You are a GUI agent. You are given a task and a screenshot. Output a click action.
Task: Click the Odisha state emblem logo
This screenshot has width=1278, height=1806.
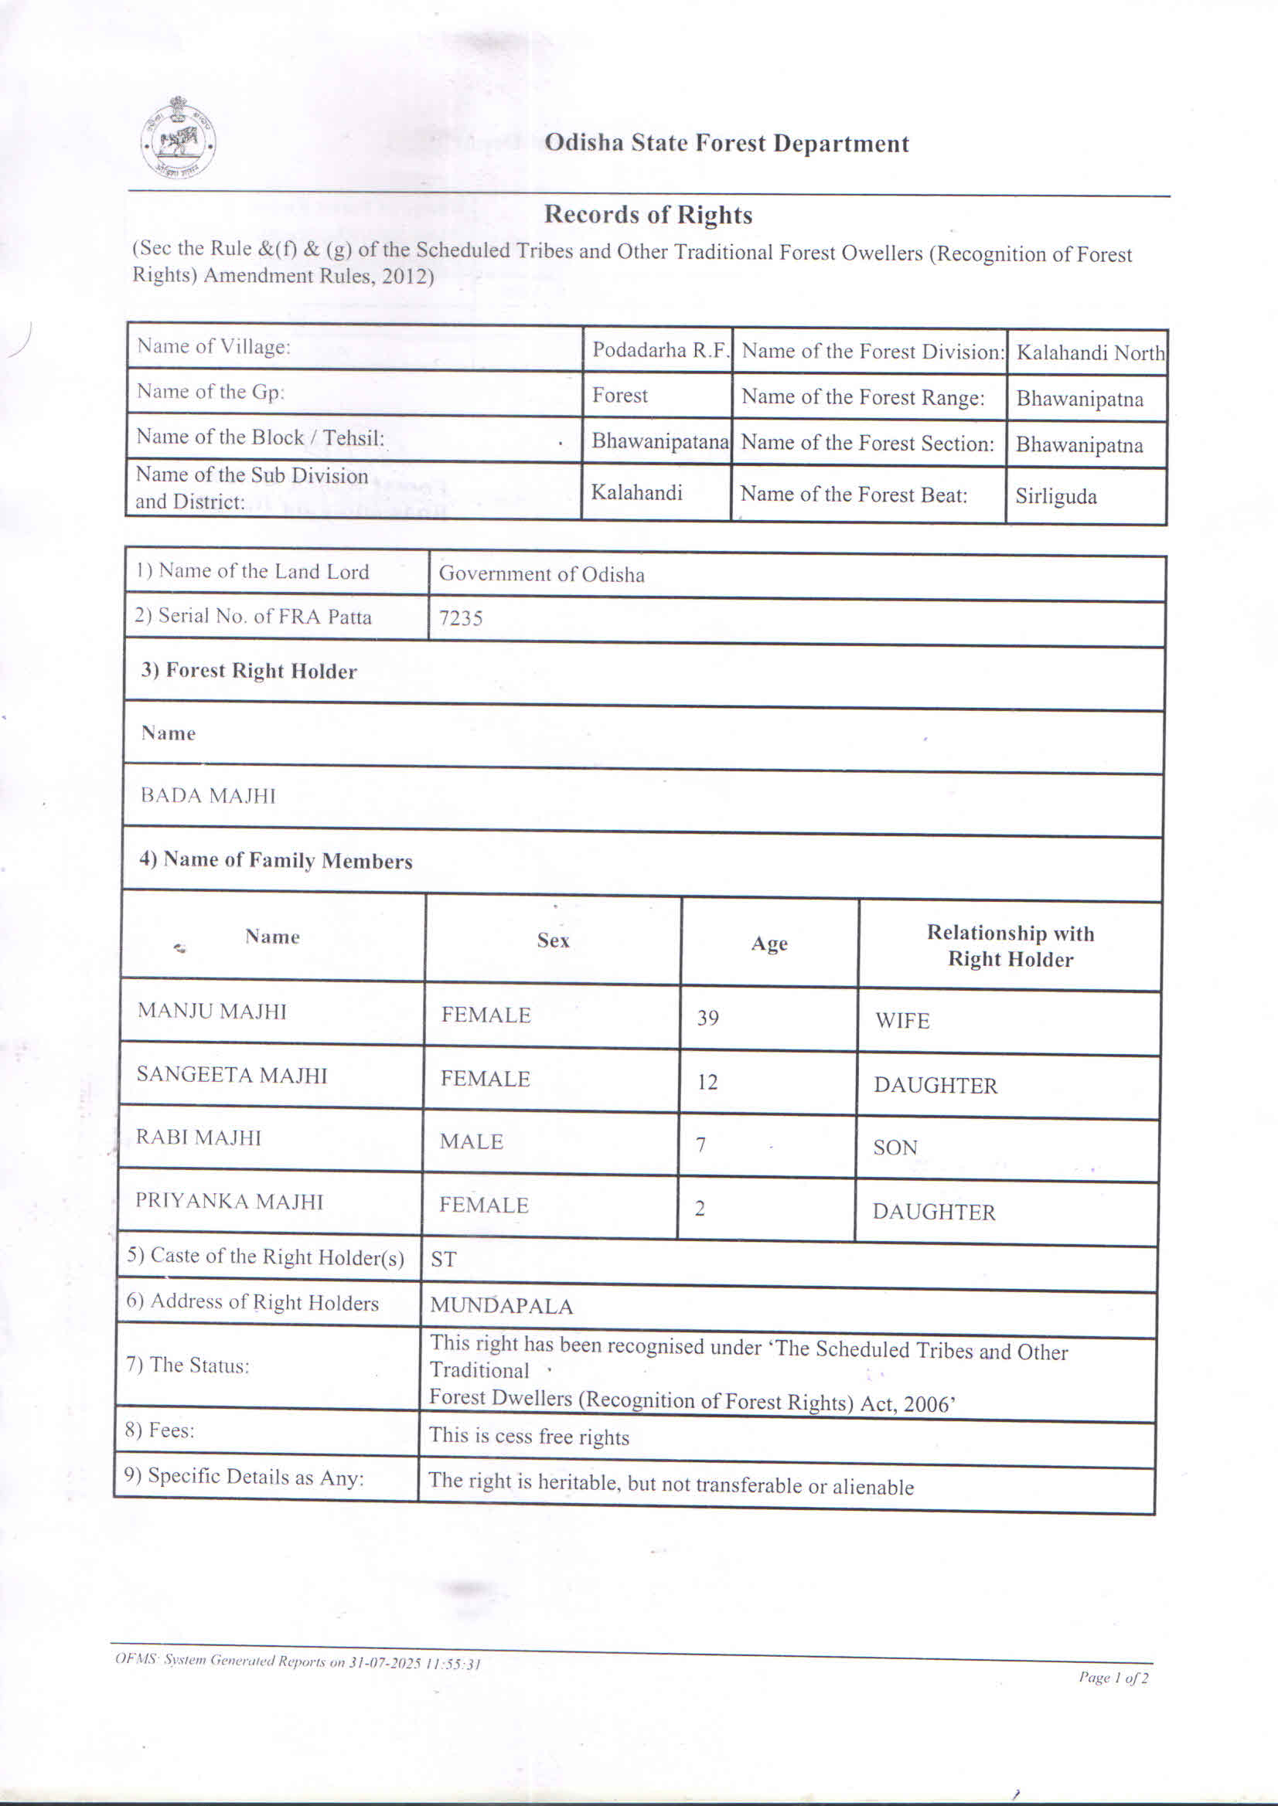[x=179, y=138]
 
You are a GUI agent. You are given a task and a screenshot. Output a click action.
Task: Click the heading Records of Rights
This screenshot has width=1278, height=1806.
[x=648, y=215]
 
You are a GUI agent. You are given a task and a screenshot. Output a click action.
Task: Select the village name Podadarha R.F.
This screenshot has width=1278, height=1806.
[x=660, y=350]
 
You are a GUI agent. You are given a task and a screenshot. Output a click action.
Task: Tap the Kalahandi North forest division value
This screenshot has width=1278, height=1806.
[x=1090, y=352]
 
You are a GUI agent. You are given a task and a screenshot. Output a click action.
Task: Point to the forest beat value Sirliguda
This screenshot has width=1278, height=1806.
[x=1055, y=496]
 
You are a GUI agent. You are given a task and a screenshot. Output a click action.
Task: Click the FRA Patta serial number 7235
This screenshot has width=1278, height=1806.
[x=460, y=618]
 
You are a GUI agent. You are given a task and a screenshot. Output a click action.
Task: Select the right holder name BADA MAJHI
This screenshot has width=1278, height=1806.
[x=208, y=795]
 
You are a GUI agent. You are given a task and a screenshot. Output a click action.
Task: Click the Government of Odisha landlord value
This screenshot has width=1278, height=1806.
[x=541, y=574]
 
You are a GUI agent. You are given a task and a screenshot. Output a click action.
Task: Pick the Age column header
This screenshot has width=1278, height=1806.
[x=769, y=943]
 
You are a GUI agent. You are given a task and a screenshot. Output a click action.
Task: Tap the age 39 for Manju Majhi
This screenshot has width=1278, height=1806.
[x=707, y=1018]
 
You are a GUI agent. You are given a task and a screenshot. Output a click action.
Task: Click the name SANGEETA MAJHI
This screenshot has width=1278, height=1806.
[x=231, y=1074]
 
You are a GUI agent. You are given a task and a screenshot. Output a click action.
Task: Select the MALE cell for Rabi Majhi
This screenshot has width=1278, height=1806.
[x=471, y=1141]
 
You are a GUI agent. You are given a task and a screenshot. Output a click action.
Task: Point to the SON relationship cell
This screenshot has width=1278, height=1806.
[x=895, y=1148]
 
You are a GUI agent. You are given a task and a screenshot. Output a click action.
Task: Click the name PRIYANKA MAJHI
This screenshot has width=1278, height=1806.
[x=229, y=1201]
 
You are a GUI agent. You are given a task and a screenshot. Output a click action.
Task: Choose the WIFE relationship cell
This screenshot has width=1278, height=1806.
[x=901, y=1021]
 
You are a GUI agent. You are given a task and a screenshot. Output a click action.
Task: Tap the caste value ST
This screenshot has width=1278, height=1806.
[x=443, y=1260]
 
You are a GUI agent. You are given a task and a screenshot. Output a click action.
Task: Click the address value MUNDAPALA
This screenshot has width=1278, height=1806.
[x=501, y=1306]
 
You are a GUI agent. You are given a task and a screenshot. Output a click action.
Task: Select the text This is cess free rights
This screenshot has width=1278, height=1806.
[x=529, y=1437]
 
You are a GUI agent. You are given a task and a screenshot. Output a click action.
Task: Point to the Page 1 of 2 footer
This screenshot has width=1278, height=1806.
[x=1113, y=1678]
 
